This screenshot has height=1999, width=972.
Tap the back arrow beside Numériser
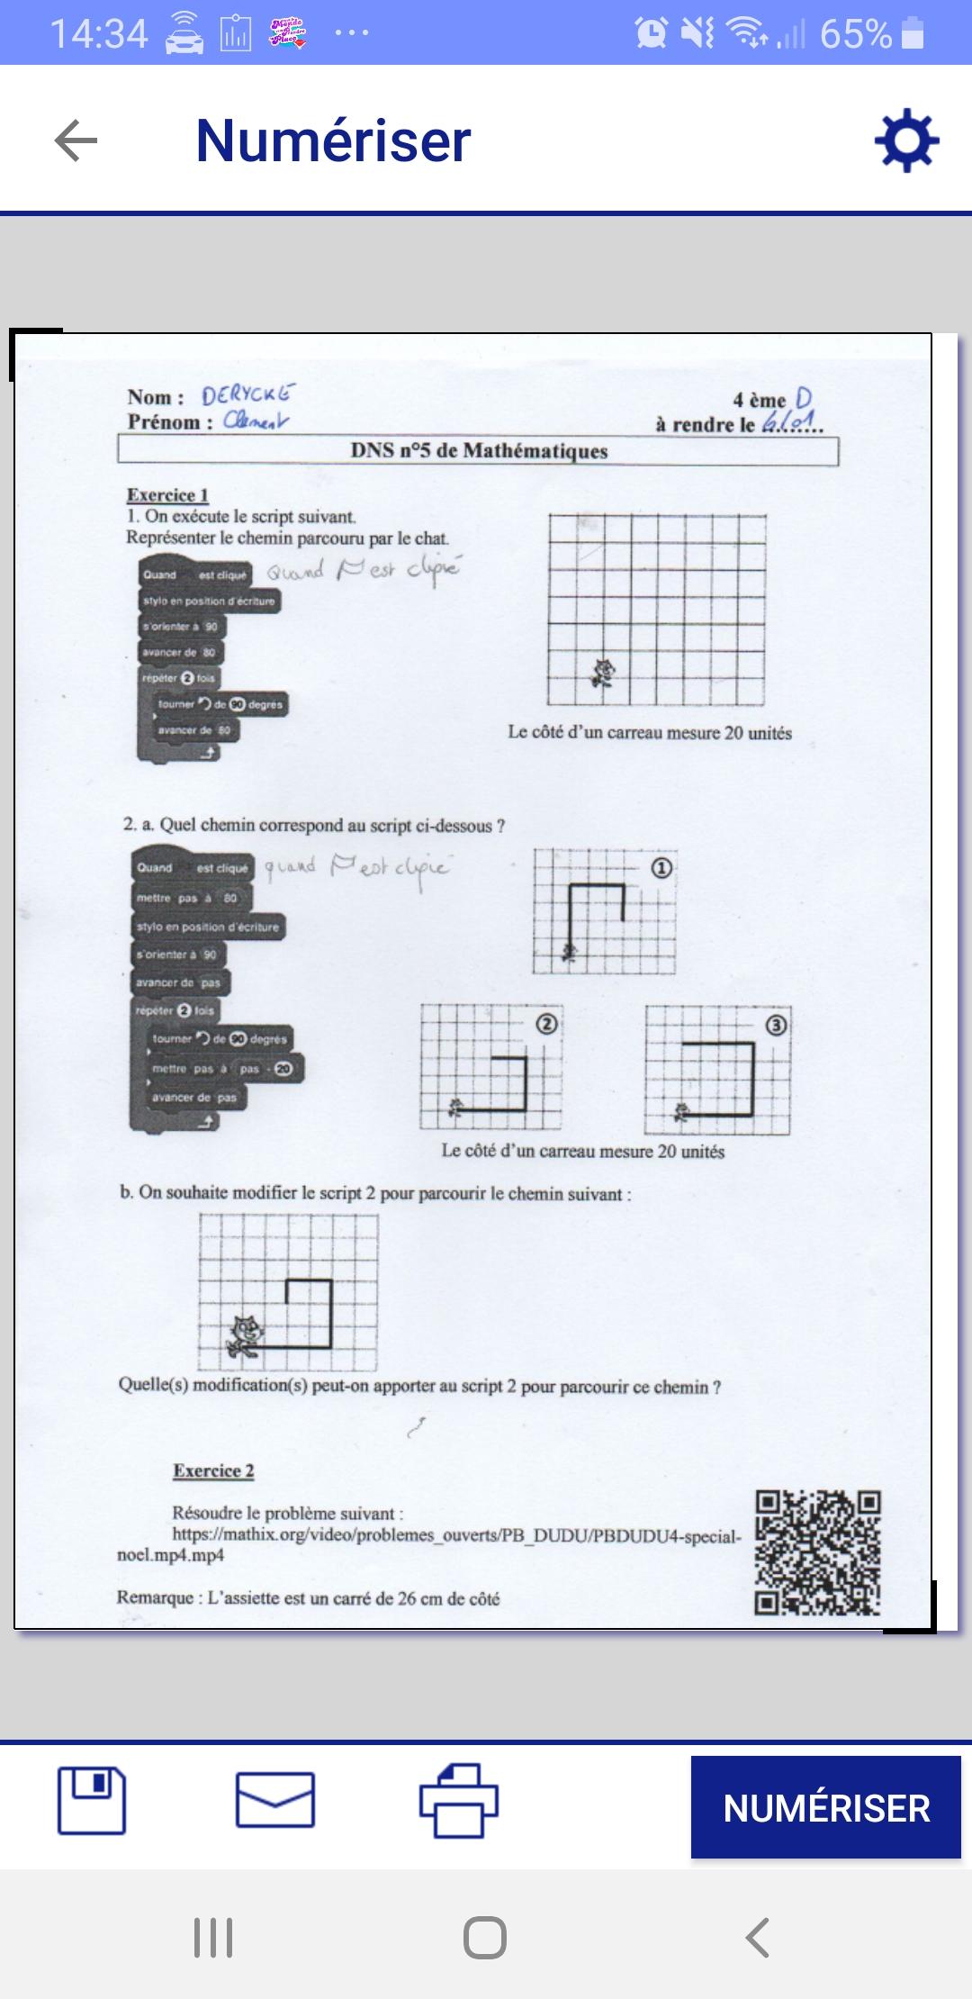pyautogui.click(x=76, y=141)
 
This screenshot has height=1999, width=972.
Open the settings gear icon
pyautogui.click(x=906, y=140)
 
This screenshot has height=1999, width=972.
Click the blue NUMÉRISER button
pyautogui.click(x=825, y=1807)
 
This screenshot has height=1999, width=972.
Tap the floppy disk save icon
pyautogui.click(x=92, y=1800)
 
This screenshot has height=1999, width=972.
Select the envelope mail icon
pyautogui.click(x=275, y=1800)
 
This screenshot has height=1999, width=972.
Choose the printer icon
pyautogui.click(x=459, y=1800)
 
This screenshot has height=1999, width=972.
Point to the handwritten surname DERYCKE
pyautogui.click(x=247, y=394)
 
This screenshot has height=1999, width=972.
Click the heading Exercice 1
pyautogui.click(x=167, y=494)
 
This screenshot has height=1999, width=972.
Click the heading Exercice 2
pyautogui.click(x=213, y=1470)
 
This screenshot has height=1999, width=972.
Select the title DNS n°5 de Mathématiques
pyautogui.click(x=479, y=450)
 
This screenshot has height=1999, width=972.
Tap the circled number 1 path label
pyautogui.click(x=661, y=868)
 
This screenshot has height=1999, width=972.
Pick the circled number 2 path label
pyautogui.click(x=546, y=1024)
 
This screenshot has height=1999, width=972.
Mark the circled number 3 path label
pyautogui.click(x=776, y=1025)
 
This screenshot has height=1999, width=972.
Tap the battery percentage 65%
pyautogui.click(x=855, y=34)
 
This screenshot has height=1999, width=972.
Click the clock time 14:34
pyautogui.click(x=99, y=34)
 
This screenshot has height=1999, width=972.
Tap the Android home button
pyautogui.click(x=485, y=1937)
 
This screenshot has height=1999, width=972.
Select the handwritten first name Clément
pyautogui.click(x=256, y=420)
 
